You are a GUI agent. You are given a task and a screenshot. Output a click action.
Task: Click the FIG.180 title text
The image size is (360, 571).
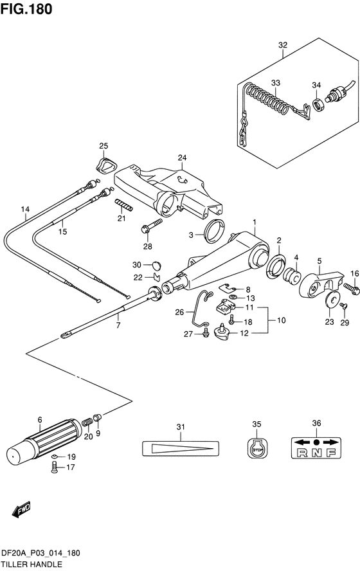pos(26,9)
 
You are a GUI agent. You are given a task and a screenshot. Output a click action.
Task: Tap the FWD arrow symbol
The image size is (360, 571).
pos(21,510)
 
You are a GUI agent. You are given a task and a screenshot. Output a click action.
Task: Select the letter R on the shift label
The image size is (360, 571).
pos(301,453)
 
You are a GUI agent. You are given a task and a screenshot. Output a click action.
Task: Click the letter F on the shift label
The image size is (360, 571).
pos(331,453)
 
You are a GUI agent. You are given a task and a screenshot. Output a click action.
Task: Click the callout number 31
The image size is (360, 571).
pos(181,427)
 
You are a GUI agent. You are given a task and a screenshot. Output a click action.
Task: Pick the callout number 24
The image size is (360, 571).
pos(182,158)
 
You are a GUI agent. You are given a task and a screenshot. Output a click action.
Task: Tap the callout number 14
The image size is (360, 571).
pos(25,210)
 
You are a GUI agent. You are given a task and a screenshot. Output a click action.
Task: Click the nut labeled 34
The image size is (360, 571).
pos(318,105)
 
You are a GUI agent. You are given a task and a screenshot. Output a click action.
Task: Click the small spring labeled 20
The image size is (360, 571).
pos(86,424)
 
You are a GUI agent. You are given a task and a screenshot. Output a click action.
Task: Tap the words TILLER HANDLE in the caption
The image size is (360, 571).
pos(32,565)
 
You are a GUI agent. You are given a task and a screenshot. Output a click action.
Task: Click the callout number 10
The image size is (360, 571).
pos(282,320)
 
